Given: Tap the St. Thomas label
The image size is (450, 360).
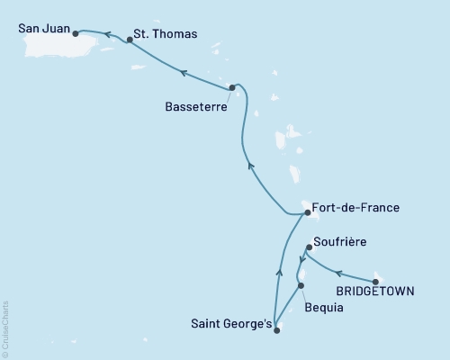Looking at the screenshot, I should click(x=165, y=34).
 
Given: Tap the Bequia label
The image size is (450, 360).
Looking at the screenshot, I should click(x=323, y=306).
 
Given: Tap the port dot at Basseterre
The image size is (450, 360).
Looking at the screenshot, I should click(x=232, y=87).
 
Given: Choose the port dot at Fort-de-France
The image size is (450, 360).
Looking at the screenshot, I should click(x=307, y=213).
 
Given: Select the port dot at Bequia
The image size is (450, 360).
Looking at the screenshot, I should click(x=301, y=285).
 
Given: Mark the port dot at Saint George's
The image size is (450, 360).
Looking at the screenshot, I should click(x=276, y=330).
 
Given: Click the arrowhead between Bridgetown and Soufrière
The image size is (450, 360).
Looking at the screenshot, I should click(x=340, y=270).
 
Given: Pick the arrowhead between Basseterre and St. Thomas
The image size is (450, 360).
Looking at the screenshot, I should click(x=183, y=72).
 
